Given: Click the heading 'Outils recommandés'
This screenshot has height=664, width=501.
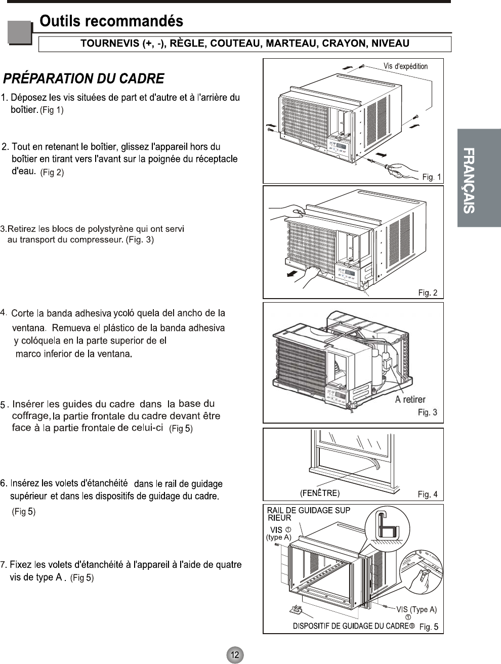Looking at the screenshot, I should [111, 21].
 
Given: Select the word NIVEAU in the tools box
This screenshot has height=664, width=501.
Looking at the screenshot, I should [390, 44].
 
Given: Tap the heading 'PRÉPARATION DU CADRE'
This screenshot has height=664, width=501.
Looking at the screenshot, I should [84, 79].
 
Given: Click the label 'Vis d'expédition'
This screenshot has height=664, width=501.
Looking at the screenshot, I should [405, 66].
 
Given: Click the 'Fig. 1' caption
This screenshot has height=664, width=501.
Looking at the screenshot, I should [432, 177].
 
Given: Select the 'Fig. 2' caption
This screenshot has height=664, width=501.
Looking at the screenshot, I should [428, 293].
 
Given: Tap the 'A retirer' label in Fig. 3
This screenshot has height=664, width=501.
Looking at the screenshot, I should [410, 399].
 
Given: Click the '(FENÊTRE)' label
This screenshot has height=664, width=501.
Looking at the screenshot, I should [320, 493].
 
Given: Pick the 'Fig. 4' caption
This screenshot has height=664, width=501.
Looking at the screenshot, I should [428, 494].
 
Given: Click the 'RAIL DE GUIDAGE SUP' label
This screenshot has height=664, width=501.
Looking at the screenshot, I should [308, 511].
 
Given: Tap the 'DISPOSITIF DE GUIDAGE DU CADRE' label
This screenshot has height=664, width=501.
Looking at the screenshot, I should [350, 626].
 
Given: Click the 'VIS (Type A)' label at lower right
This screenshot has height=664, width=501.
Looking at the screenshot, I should [416, 609].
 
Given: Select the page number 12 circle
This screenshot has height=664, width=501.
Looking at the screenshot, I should [235, 654].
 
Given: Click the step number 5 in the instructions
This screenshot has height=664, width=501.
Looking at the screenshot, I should [4, 405].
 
